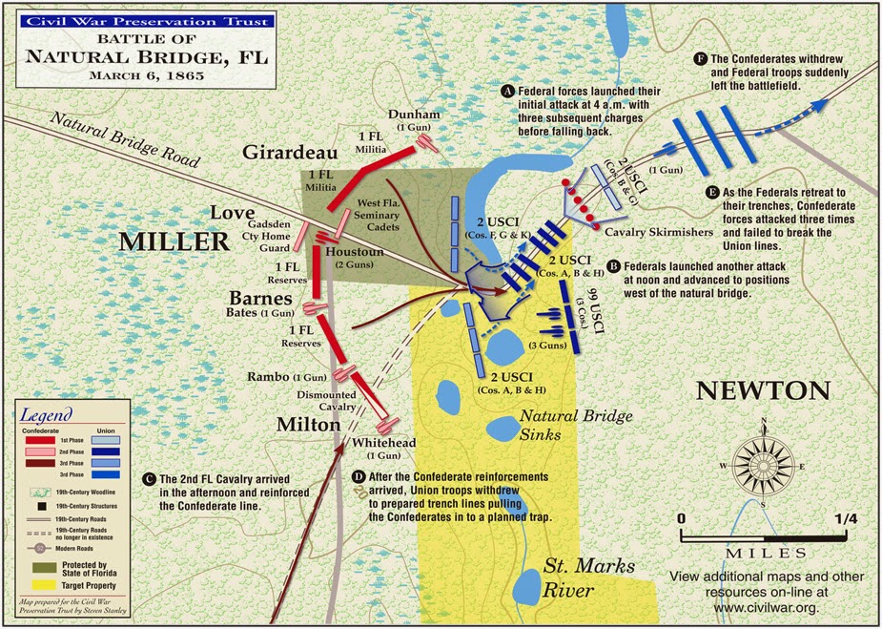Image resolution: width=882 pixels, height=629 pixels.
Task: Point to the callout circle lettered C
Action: click(x=147, y=478)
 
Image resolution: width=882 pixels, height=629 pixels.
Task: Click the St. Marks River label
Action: click(x=587, y=577)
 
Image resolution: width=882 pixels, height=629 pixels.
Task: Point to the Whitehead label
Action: click(x=382, y=443)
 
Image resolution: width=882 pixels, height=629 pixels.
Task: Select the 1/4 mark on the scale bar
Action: click(x=842, y=518)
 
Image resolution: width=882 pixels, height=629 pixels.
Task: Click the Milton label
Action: click(x=308, y=423)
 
